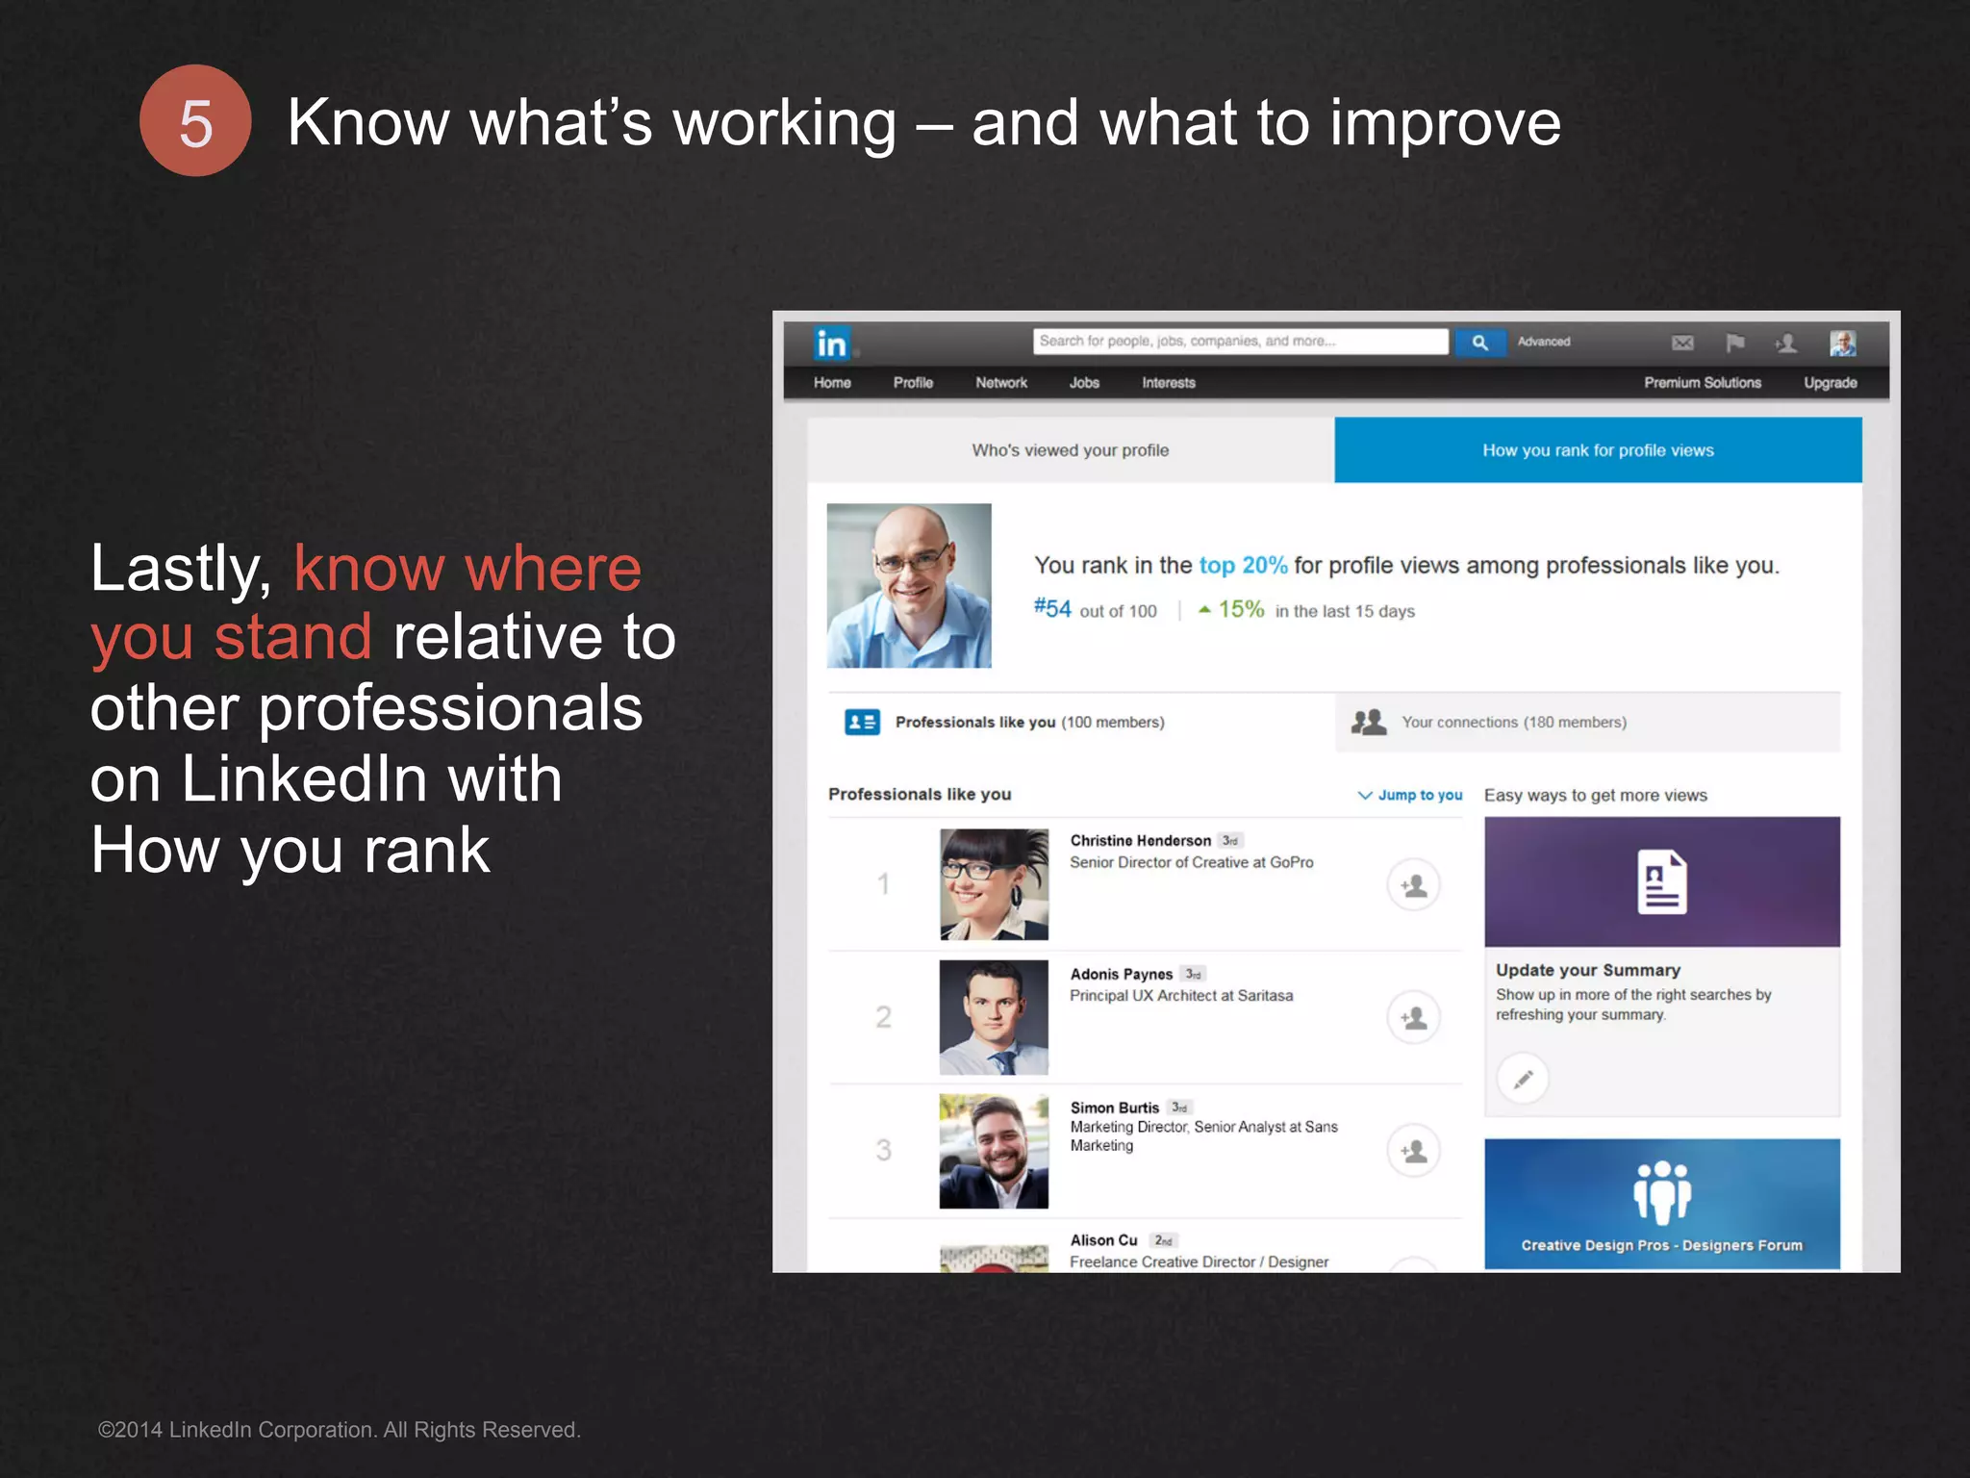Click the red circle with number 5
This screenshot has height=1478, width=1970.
point(195,121)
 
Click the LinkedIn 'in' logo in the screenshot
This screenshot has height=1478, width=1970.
point(831,344)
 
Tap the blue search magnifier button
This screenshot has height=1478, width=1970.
point(1479,343)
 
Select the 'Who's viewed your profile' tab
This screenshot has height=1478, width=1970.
point(1070,450)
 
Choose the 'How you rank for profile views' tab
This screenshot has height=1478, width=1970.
point(1598,450)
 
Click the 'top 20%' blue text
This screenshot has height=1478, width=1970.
point(1243,565)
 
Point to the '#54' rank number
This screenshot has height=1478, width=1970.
point(1052,609)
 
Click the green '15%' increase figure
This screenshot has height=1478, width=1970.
point(1241,609)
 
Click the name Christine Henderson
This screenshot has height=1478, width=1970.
point(1140,840)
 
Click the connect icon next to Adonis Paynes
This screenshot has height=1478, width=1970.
point(1413,1018)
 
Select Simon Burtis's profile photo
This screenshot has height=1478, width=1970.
point(994,1151)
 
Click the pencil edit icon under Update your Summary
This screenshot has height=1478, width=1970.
point(1523,1079)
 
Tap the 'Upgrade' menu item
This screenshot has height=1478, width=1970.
point(1830,383)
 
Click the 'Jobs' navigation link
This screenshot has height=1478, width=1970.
point(1084,383)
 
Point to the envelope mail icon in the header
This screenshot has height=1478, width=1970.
point(1682,343)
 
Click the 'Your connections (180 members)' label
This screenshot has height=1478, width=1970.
point(1513,722)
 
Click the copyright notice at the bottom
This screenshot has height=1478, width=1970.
point(340,1430)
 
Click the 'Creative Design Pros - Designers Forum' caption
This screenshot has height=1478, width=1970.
point(1661,1245)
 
